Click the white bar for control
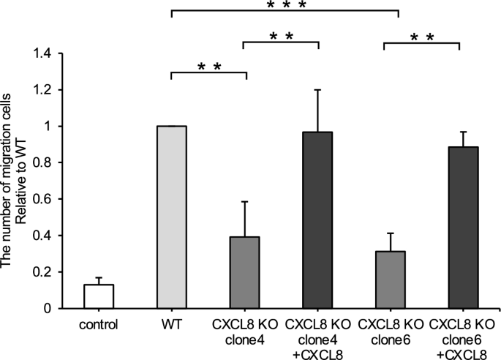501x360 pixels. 99,296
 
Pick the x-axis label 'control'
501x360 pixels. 99,323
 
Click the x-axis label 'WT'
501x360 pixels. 173,323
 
